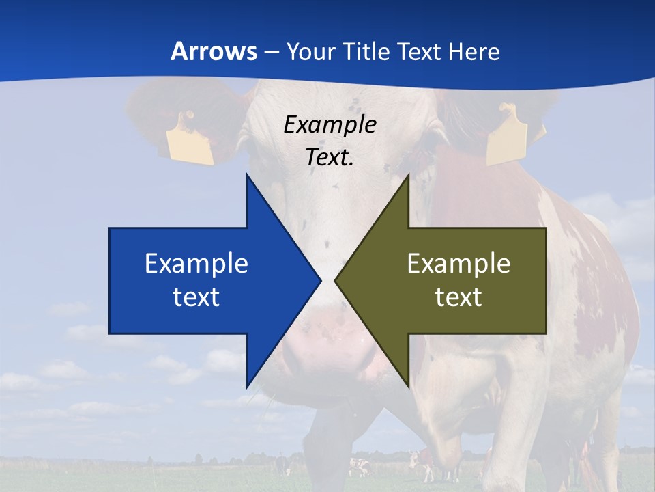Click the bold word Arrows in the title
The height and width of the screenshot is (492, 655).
[214, 51]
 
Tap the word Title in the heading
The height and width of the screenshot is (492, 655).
[367, 51]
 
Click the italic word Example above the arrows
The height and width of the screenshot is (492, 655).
[330, 124]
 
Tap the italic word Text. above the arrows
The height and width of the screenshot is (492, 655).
[330, 157]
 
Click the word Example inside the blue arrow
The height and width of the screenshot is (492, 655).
[196, 263]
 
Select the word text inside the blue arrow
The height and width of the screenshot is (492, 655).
[196, 297]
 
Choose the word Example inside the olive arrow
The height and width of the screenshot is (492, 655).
[458, 263]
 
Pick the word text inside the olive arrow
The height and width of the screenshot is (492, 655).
[458, 297]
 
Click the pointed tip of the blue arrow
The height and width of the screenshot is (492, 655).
[319, 280]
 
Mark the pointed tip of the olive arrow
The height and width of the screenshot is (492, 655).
[336, 280]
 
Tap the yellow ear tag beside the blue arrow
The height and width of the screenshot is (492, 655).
[190, 139]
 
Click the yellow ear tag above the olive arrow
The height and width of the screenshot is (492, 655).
[506, 135]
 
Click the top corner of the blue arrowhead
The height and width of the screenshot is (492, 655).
[247, 175]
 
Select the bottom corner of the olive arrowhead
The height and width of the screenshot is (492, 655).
[408, 386]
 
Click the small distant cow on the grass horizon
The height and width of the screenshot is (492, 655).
[358, 467]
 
